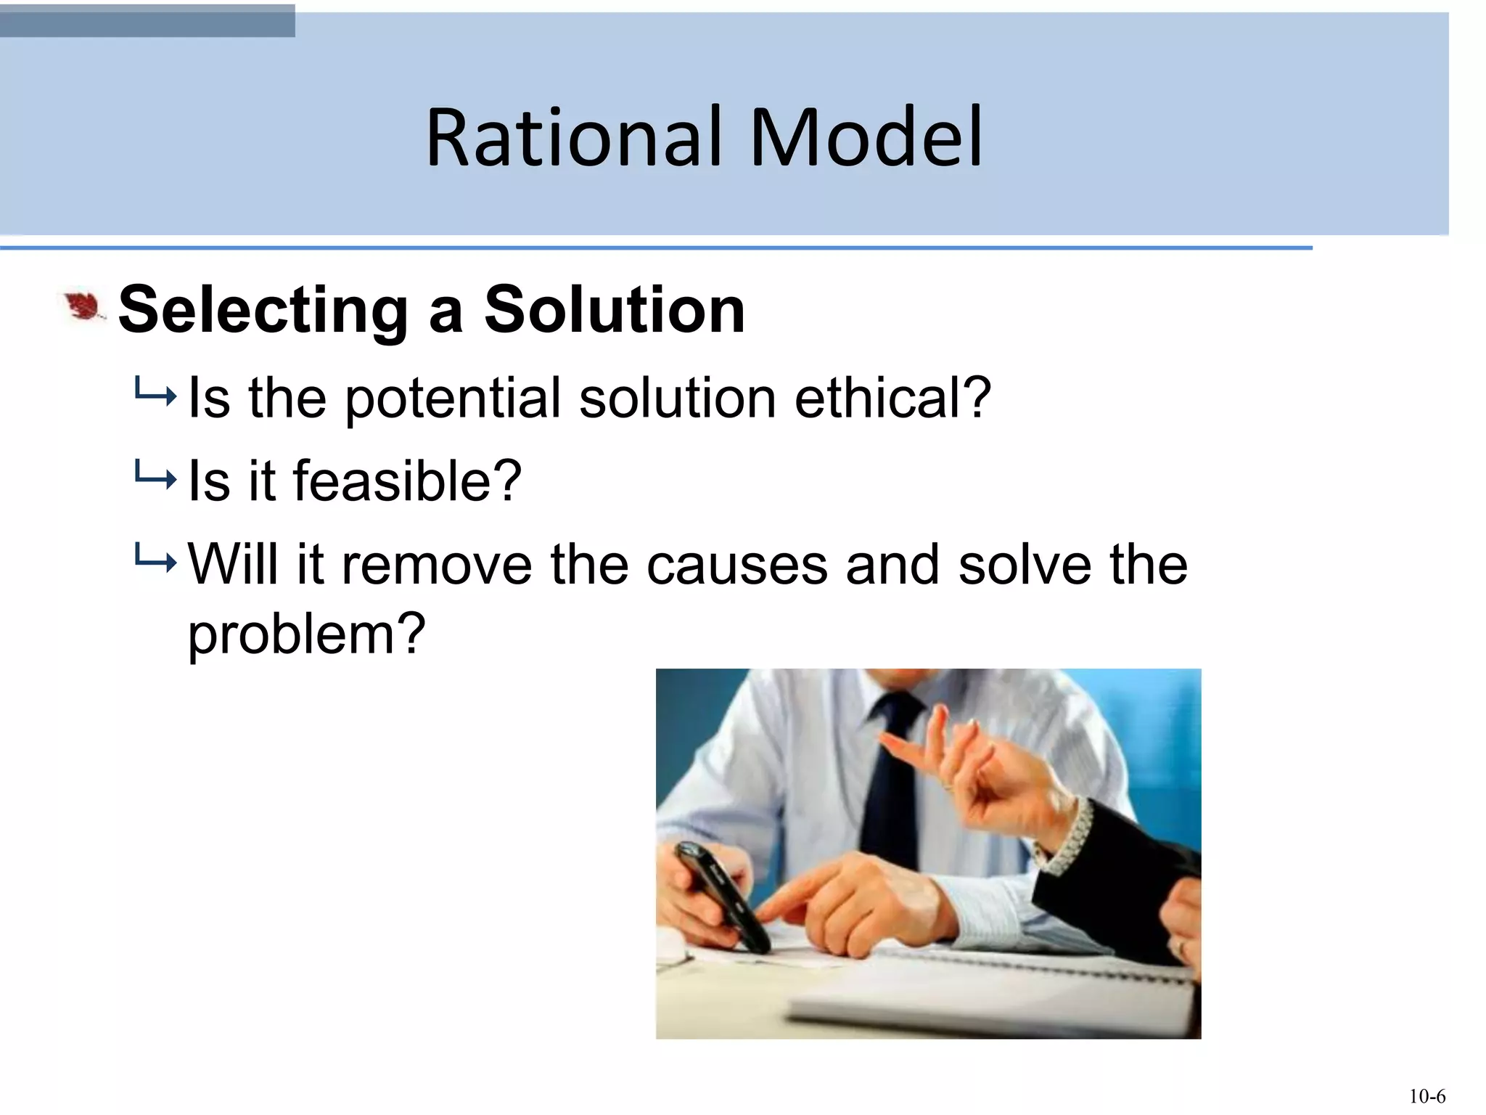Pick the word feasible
coord(407,481)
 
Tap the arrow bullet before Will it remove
coord(155,560)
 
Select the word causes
coord(736,565)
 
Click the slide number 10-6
coord(1427,1096)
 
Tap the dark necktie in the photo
coord(892,777)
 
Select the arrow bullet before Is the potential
coord(155,396)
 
